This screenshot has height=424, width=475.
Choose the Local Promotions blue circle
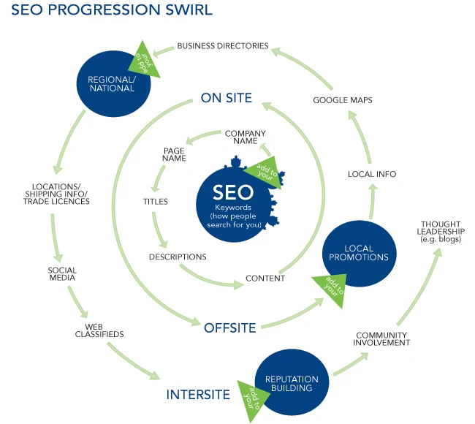pyautogui.click(x=359, y=251)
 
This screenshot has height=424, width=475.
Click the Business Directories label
pyautogui.click(x=223, y=46)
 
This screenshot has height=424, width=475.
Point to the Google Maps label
pyautogui.click(x=343, y=99)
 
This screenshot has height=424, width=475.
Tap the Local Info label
pyautogui.click(x=371, y=174)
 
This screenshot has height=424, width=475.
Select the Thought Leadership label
pyautogui.click(x=442, y=232)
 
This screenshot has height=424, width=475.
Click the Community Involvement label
pyautogui.click(x=383, y=338)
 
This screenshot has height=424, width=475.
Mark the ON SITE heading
pyautogui.click(x=227, y=98)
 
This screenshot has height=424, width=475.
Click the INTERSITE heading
pyautogui.click(x=198, y=395)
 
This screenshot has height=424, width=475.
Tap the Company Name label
pyautogui.click(x=245, y=137)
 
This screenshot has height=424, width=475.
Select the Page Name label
pyautogui.click(x=175, y=154)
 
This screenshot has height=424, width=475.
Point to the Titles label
pyautogui.click(x=155, y=201)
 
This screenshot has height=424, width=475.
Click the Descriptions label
pyautogui.click(x=178, y=257)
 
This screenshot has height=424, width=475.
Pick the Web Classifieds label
pyautogui.click(x=104, y=330)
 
